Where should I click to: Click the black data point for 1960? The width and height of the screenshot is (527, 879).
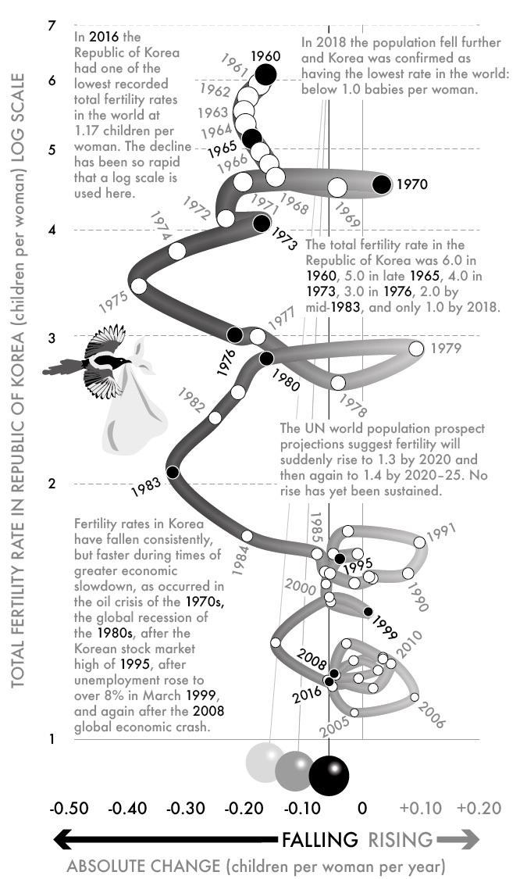tap(266, 74)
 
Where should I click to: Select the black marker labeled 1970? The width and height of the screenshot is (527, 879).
tap(382, 185)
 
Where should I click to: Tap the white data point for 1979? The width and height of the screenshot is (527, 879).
tap(416, 348)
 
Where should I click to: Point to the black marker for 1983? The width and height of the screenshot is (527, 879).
tap(173, 472)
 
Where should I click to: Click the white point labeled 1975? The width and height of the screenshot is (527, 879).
tap(139, 286)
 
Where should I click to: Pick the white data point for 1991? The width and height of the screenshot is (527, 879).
tap(420, 542)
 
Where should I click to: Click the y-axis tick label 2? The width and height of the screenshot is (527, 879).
tap(52, 484)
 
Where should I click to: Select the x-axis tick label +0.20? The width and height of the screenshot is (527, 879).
tap(479, 808)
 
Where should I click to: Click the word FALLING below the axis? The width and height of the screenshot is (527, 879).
tap(319, 840)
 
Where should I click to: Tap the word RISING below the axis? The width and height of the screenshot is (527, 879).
tap(400, 840)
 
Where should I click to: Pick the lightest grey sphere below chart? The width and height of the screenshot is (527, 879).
tap(265, 762)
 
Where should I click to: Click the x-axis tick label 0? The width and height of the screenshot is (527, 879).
tap(362, 808)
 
